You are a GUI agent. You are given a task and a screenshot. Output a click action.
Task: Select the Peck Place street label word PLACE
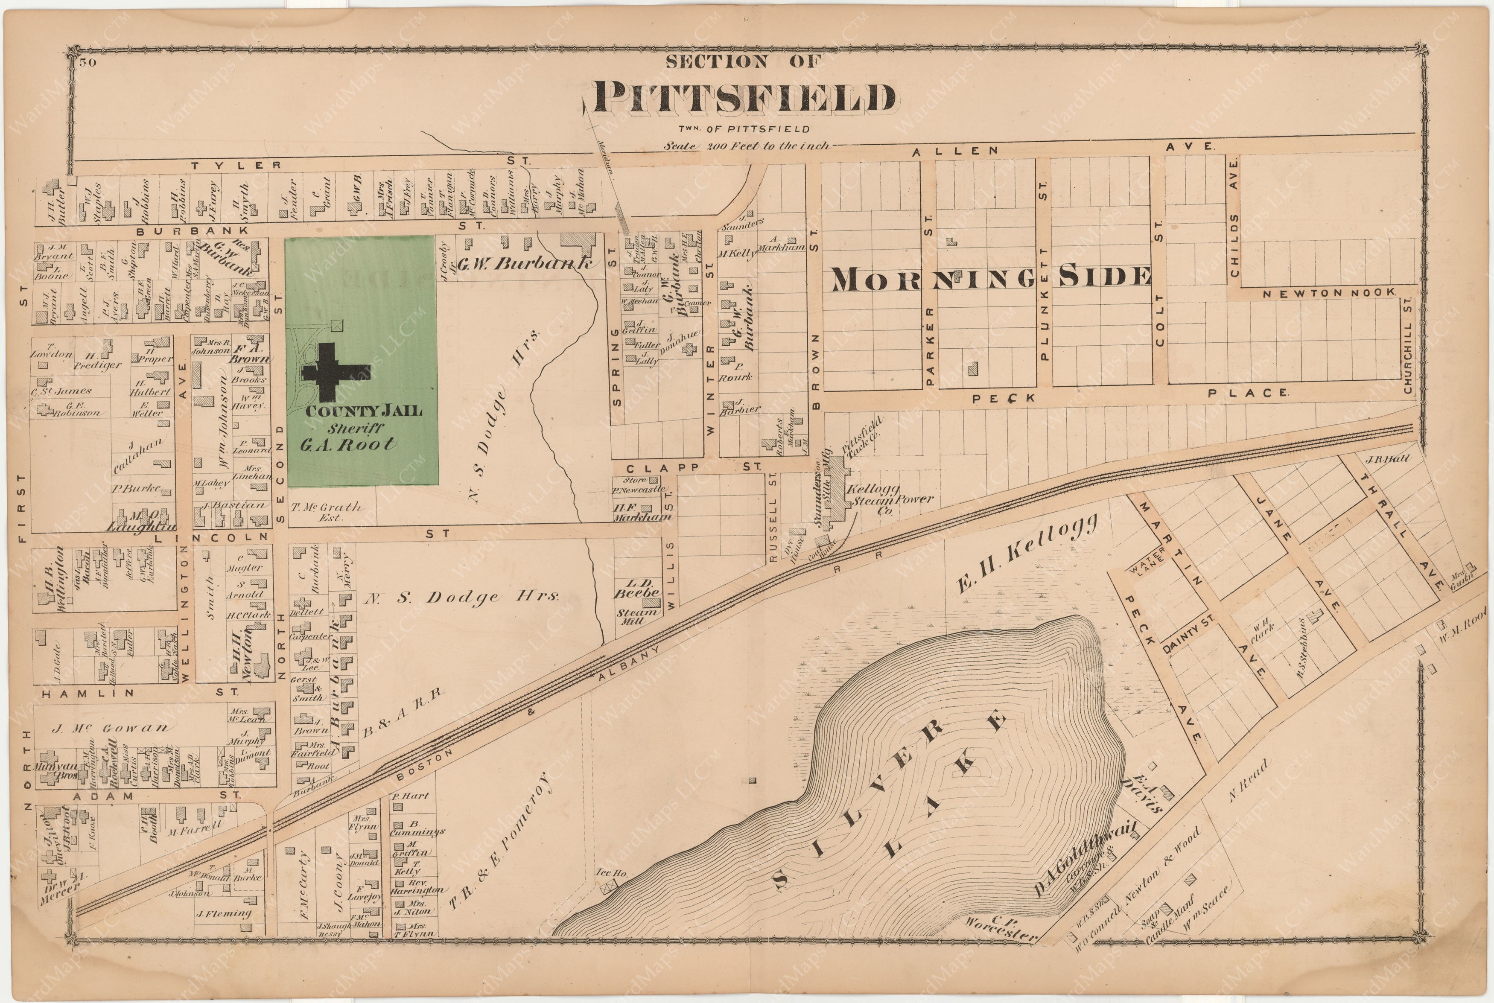point(1248,393)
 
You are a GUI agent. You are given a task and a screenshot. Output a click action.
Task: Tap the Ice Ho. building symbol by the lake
point(606,886)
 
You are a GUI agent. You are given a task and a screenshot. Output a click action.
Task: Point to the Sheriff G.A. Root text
point(349,437)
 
